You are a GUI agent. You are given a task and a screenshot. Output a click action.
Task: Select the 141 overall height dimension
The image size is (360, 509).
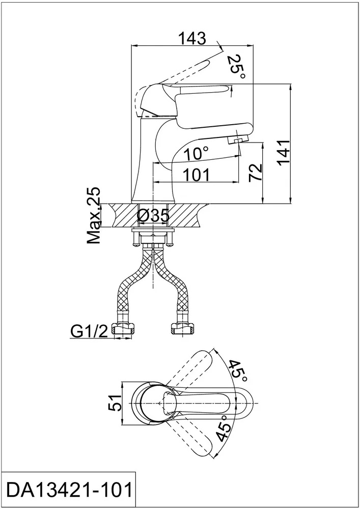[283, 153]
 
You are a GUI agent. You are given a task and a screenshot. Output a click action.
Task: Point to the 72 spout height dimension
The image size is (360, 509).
[256, 173]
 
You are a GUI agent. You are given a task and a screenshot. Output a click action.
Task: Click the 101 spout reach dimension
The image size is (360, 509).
[197, 175]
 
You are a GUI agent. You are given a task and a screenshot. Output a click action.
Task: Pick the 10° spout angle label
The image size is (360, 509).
[197, 153]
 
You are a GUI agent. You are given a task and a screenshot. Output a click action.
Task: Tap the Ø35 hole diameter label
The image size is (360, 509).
[153, 215]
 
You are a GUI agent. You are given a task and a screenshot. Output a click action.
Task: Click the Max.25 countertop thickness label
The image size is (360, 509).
[94, 215]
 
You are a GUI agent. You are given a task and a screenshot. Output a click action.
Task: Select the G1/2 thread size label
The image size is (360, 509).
[88, 332]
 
